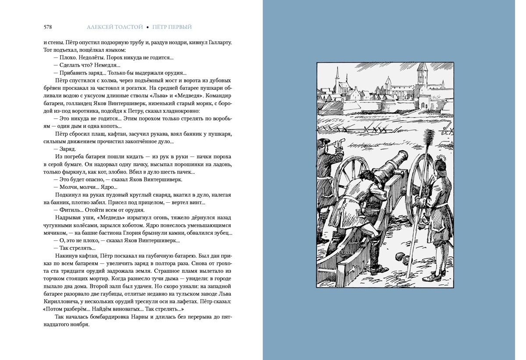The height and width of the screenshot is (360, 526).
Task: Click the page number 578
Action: [x=48, y=27]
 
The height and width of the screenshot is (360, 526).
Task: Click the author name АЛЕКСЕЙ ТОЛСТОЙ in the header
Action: [x=115, y=27]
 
